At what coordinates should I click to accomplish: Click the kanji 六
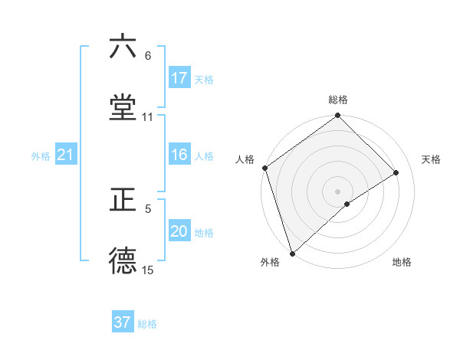pyautogui.click(x=123, y=47)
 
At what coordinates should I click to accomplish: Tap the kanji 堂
pyautogui.click(x=123, y=106)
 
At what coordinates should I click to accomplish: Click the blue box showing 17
pyautogui.click(x=179, y=78)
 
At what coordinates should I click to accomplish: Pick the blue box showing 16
pyautogui.click(x=179, y=155)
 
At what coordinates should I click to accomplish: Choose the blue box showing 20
pyautogui.click(x=179, y=232)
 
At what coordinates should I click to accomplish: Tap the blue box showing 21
pyautogui.click(x=66, y=155)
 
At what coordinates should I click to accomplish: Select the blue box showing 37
pyautogui.click(x=123, y=322)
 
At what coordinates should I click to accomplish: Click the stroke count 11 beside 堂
pyautogui.click(x=148, y=117)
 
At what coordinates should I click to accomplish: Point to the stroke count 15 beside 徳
pyautogui.click(x=148, y=270)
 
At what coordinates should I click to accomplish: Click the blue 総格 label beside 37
pyautogui.click(x=147, y=324)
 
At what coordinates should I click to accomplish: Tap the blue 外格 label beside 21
pyautogui.click(x=41, y=156)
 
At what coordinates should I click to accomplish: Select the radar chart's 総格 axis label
pyautogui.click(x=338, y=100)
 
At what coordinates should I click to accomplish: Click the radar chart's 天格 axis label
pyautogui.click(x=432, y=159)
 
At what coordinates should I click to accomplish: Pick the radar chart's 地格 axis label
pyautogui.click(x=402, y=263)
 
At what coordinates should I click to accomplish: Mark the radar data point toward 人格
pyautogui.click(x=264, y=168)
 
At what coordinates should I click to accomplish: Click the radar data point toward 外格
pyautogui.click(x=291, y=253)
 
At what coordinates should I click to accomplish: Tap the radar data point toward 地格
pyautogui.click(x=347, y=204)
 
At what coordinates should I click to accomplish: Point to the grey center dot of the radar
pyautogui.click(x=337, y=191)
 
